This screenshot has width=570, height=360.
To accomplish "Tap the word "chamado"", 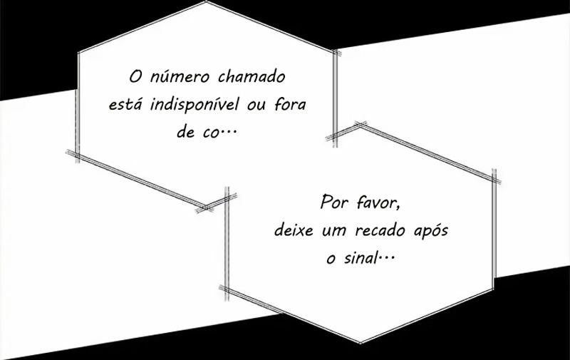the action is [x=252, y=77].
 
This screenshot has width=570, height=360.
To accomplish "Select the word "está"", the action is [x=124, y=104].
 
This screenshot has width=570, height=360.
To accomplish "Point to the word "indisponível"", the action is [x=195, y=105].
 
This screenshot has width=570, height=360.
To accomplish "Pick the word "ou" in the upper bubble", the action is [x=257, y=106].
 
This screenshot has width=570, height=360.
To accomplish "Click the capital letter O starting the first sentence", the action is [x=135, y=77].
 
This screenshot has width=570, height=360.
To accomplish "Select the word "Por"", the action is [x=333, y=202].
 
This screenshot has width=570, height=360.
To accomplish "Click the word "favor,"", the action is [x=378, y=202].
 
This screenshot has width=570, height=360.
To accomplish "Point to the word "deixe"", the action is [x=294, y=230].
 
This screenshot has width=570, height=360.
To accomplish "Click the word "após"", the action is [x=431, y=230].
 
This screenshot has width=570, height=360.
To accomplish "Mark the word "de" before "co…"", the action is [x=185, y=131].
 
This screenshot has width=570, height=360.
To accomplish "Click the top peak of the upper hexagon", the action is [x=206, y=2].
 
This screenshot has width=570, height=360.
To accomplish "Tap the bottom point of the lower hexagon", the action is [x=360, y=342].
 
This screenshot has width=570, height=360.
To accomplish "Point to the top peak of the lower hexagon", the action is [x=361, y=125].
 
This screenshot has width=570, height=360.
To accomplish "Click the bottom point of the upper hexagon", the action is [x=205, y=207].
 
